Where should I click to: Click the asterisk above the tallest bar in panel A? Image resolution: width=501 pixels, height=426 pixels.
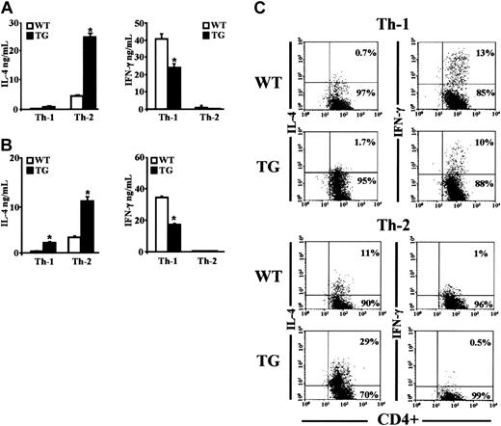click(x=117, y=30)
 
